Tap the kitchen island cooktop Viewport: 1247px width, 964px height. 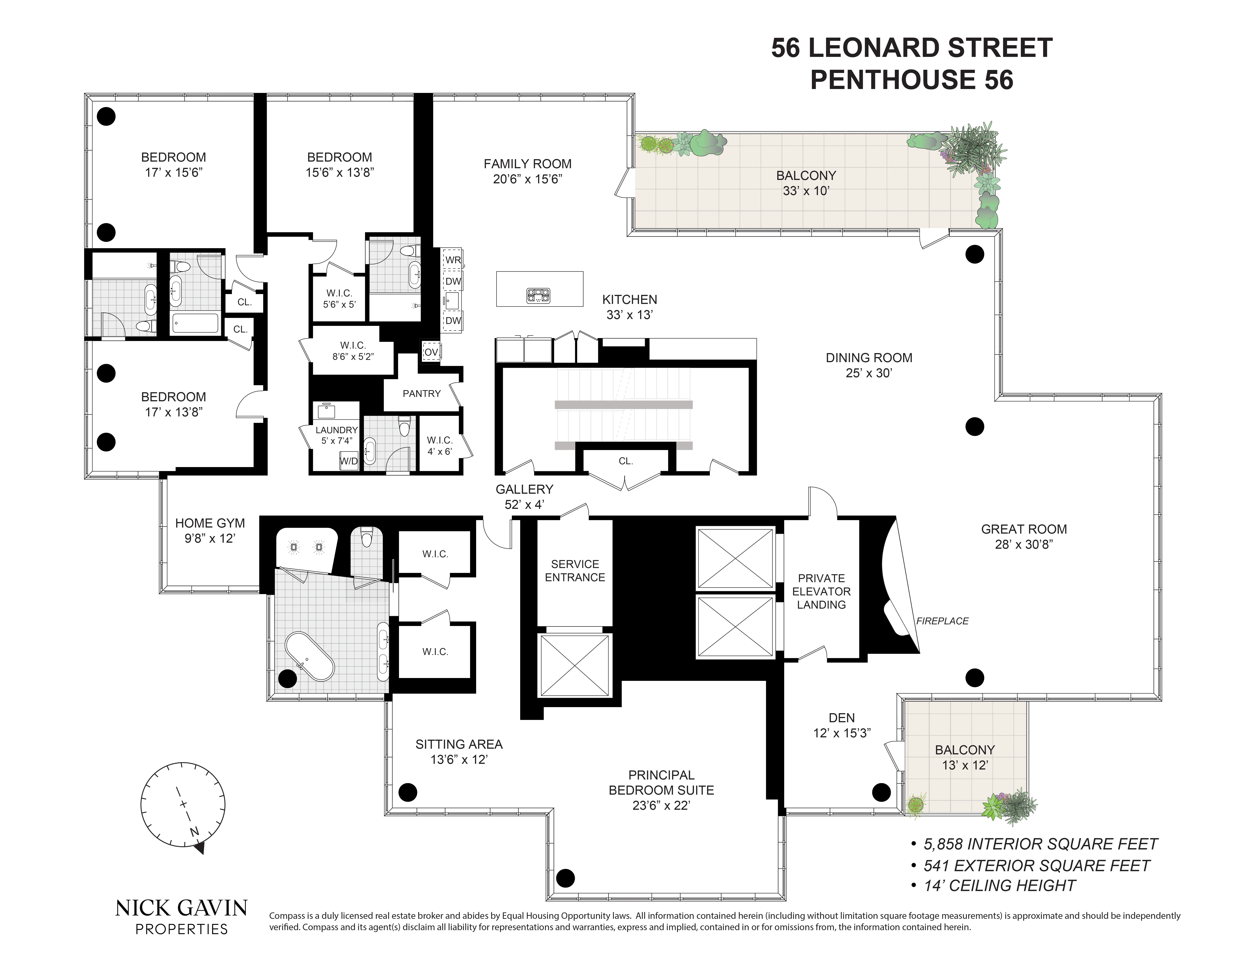(538, 295)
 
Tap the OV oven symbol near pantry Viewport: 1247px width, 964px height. (431, 352)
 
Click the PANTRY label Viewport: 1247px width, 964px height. (421, 394)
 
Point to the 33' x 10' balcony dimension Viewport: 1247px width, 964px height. (806, 191)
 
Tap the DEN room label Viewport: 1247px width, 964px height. (842, 718)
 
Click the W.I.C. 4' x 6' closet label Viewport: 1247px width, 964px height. (440, 446)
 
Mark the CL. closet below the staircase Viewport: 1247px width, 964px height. (626, 461)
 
